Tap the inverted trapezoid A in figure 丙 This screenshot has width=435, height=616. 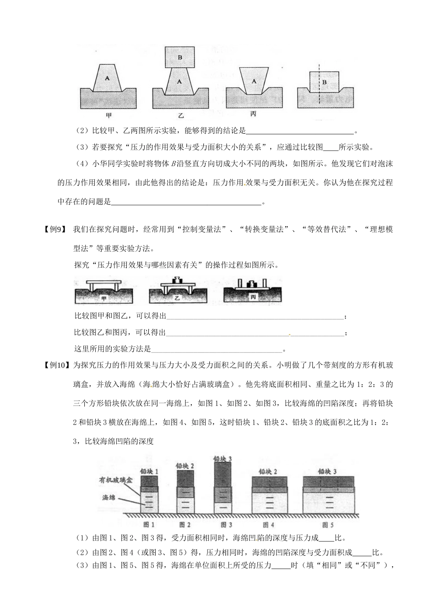coord(253,81)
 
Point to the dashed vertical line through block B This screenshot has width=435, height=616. coord(319,92)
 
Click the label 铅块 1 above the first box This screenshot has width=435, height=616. coord(149,471)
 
